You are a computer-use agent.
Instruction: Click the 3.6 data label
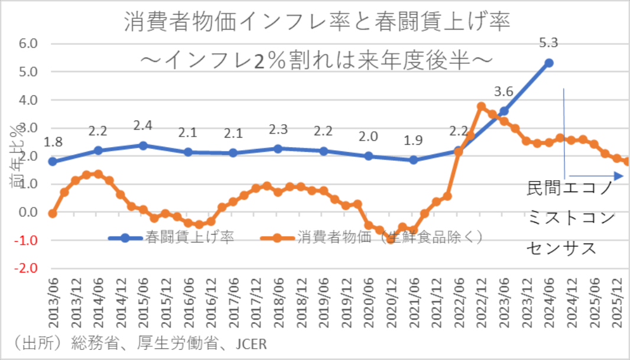(x=504, y=92)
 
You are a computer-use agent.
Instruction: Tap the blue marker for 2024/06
(x=549, y=63)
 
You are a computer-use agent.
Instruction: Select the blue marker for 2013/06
(x=52, y=161)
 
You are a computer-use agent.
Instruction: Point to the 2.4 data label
(x=143, y=126)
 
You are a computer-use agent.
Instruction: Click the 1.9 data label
(x=414, y=141)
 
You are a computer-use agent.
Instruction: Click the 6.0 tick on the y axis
(x=29, y=44)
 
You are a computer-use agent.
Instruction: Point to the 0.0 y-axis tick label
(x=29, y=212)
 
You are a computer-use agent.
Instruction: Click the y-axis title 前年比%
(x=17, y=155)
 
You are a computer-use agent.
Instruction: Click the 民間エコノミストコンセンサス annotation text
(x=571, y=219)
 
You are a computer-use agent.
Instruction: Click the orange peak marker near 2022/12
(x=481, y=107)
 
